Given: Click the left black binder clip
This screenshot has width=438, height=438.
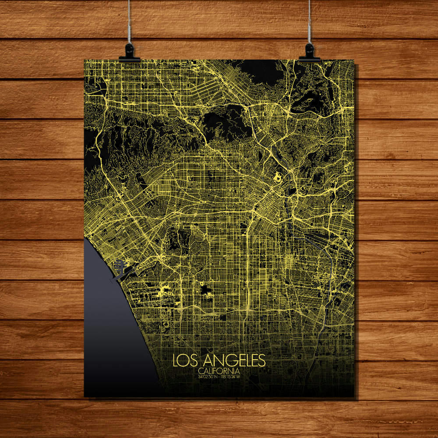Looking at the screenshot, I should pyautogui.click(x=130, y=52).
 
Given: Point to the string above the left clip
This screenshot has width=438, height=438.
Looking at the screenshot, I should pyautogui.click(x=130, y=22).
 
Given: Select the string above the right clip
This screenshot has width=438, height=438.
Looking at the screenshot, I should pyautogui.click(x=309, y=22).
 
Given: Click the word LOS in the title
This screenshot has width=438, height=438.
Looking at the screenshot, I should pyautogui.click(x=183, y=360).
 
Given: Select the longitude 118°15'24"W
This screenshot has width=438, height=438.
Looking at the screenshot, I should pyautogui.click(x=231, y=376).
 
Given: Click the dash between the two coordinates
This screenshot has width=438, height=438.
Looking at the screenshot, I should pyautogui.click(x=219, y=376).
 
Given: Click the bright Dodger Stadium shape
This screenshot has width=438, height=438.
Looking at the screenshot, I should pyautogui.click(x=277, y=177).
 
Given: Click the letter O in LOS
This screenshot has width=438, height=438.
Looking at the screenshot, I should pyautogui.click(x=183, y=360).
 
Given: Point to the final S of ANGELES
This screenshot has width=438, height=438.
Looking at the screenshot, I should pyautogui.click(x=261, y=360).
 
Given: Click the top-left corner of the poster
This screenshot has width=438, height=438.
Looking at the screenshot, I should pyautogui.click(x=84, y=60).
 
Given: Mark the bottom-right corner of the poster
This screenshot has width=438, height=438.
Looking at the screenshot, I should pyautogui.click(x=354, y=397).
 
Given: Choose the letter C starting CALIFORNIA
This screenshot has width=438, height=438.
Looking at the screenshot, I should pyautogui.click(x=200, y=371).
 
